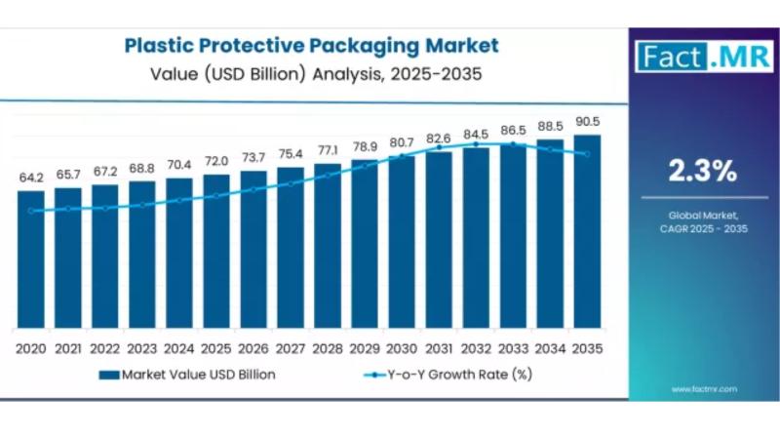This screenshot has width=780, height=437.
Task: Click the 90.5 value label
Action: (587, 122)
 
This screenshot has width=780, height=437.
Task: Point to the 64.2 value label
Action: (31, 178)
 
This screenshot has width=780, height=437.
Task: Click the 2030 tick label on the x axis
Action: (402, 348)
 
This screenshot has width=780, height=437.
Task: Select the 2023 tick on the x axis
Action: (142, 348)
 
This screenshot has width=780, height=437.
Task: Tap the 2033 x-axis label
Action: (513, 348)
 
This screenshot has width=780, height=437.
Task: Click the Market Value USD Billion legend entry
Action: (185, 374)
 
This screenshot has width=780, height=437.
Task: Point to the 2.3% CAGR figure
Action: (702, 172)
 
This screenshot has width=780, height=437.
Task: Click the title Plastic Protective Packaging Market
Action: (311, 45)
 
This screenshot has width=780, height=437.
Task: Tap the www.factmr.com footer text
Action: (703, 388)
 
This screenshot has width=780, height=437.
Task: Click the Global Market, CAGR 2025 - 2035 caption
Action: (702, 220)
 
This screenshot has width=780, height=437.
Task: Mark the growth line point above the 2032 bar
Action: (476, 144)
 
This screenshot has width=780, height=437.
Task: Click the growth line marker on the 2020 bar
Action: (31, 210)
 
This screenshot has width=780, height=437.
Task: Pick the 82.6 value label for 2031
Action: (439, 139)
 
